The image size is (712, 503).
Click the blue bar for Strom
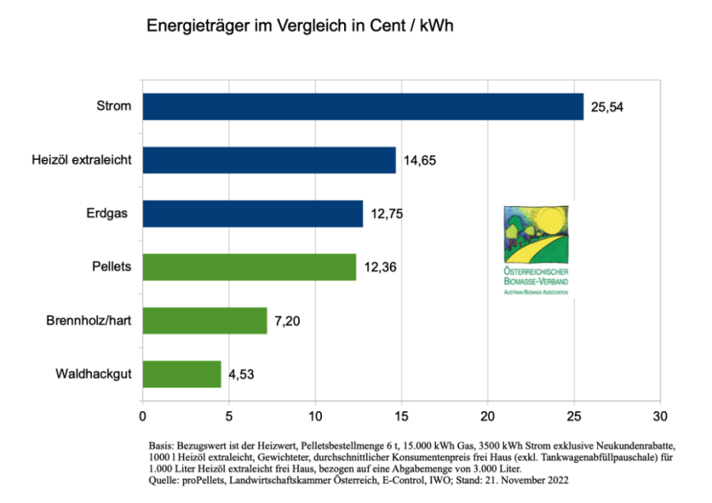click(x=362, y=106)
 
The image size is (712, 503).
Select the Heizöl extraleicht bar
click(x=269, y=160)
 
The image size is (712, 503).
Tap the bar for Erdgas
click(x=252, y=214)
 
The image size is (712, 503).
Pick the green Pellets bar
click(x=249, y=267)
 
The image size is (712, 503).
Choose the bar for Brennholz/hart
click(x=205, y=321)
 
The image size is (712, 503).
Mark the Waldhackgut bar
click(x=182, y=374)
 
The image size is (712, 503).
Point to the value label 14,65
click(x=421, y=161)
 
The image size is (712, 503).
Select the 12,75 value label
click(x=388, y=214)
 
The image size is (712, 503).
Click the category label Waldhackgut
click(x=93, y=374)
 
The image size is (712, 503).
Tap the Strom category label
click(x=113, y=106)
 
